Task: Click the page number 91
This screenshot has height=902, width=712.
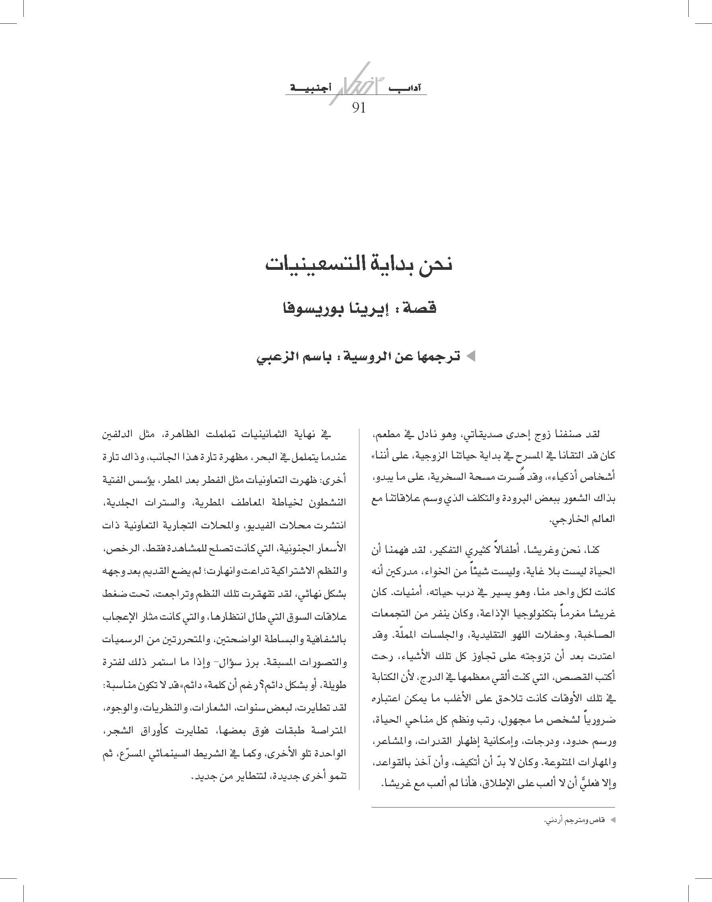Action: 359,108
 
